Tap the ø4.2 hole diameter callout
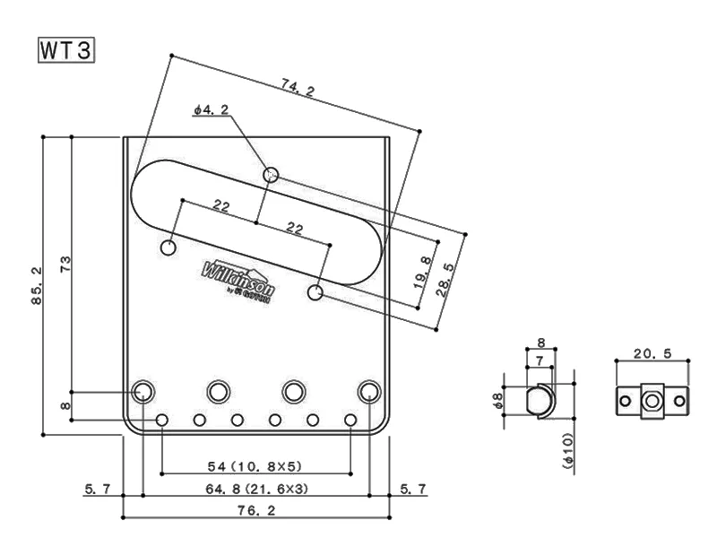pyautogui.click(x=212, y=110)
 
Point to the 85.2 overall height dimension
pyautogui.click(x=36, y=286)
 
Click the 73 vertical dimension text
pyautogui.click(x=65, y=265)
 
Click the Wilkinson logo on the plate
pyautogui.click(x=238, y=279)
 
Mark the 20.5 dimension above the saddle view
pyautogui.click(x=651, y=353)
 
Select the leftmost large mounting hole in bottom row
pyautogui.click(x=143, y=391)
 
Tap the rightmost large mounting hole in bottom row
pyautogui.click(x=368, y=391)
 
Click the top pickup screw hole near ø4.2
pyautogui.click(x=271, y=174)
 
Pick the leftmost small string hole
pyautogui.click(x=161, y=420)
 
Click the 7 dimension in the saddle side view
pyautogui.click(x=540, y=360)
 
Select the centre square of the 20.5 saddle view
pyautogui.click(x=652, y=400)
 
